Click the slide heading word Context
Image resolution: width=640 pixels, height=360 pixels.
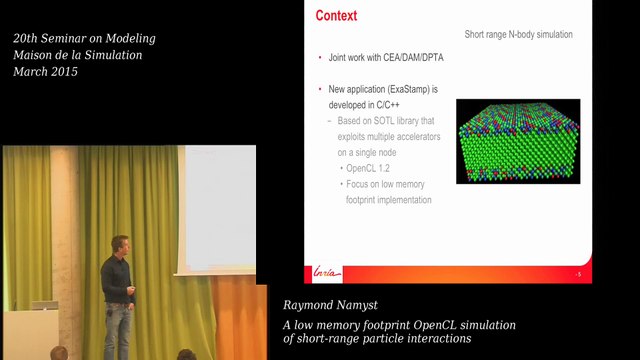click(336, 16)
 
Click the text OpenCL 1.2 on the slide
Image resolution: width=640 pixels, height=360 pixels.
click(369, 168)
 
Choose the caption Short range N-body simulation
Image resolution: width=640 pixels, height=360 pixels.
click(518, 35)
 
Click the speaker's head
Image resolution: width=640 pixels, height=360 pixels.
click(120, 246)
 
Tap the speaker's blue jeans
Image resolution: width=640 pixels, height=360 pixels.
click(118, 330)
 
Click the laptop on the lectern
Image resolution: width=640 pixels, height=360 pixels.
click(41, 305)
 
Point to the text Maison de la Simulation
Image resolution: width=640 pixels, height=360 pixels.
click(77, 55)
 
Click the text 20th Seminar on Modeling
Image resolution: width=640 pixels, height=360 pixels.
click(84, 39)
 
